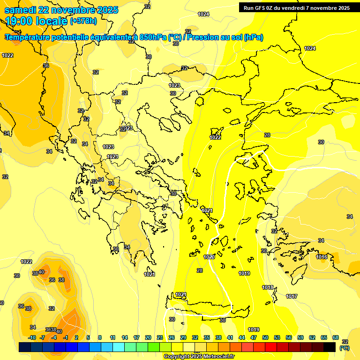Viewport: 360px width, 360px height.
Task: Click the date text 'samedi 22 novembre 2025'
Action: [x=61, y=10]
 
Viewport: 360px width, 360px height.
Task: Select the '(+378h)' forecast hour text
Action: [x=83, y=21]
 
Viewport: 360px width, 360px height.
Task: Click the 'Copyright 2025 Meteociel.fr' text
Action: [x=199, y=356]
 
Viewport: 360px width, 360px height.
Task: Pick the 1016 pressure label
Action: [x=322, y=257]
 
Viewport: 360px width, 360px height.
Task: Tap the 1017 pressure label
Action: [x=292, y=296]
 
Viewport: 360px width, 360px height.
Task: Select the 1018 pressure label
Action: [x=268, y=287]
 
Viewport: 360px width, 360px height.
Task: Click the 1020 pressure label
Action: [x=209, y=257]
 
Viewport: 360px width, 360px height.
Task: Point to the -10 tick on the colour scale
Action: [x=32, y=337]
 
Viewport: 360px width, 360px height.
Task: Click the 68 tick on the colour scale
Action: [x=336, y=337]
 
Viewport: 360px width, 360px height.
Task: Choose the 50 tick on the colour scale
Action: [x=265, y=337]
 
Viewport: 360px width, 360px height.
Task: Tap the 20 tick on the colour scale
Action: [x=148, y=337]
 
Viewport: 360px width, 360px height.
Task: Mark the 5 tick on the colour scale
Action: [x=89, y=337]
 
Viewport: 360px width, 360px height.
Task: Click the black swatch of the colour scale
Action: [x=330, y=347]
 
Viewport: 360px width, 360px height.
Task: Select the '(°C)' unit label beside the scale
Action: [x=345, y=348]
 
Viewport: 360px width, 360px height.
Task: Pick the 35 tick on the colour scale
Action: [x=207, y=337]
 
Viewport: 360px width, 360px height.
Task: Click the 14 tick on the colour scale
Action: [x=125, y=337]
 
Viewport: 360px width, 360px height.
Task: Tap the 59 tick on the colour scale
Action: [x=300, y=337]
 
